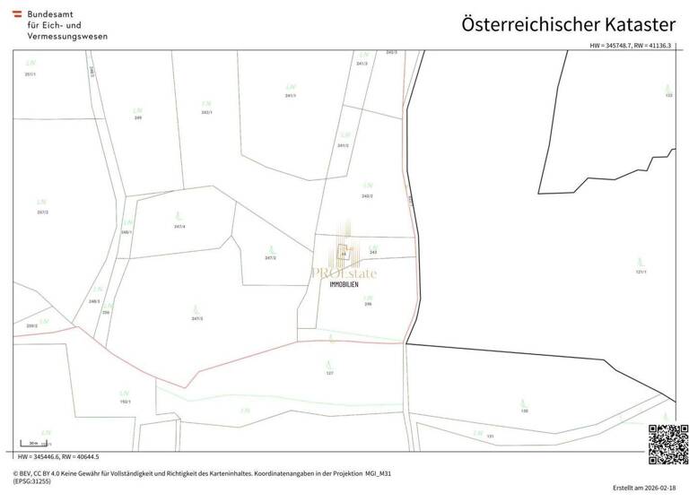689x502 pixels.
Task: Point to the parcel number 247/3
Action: [x=196, y=318]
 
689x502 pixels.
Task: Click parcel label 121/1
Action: [x=641, y=271]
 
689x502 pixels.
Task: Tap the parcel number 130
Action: [x=524, y=411]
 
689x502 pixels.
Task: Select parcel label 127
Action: [x=329, y=372]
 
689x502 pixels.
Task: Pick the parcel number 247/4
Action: [x=180, y=226]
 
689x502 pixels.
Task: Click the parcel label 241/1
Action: [x=290, y=95]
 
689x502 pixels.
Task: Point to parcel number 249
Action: [x=138, y=117]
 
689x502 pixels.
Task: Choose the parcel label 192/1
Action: [x=125, y=401]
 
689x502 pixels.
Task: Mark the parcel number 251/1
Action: [x=31, y=74]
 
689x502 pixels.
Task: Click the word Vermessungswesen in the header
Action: [x=67, y=38]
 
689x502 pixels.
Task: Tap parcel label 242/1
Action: [x=206, y=112]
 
